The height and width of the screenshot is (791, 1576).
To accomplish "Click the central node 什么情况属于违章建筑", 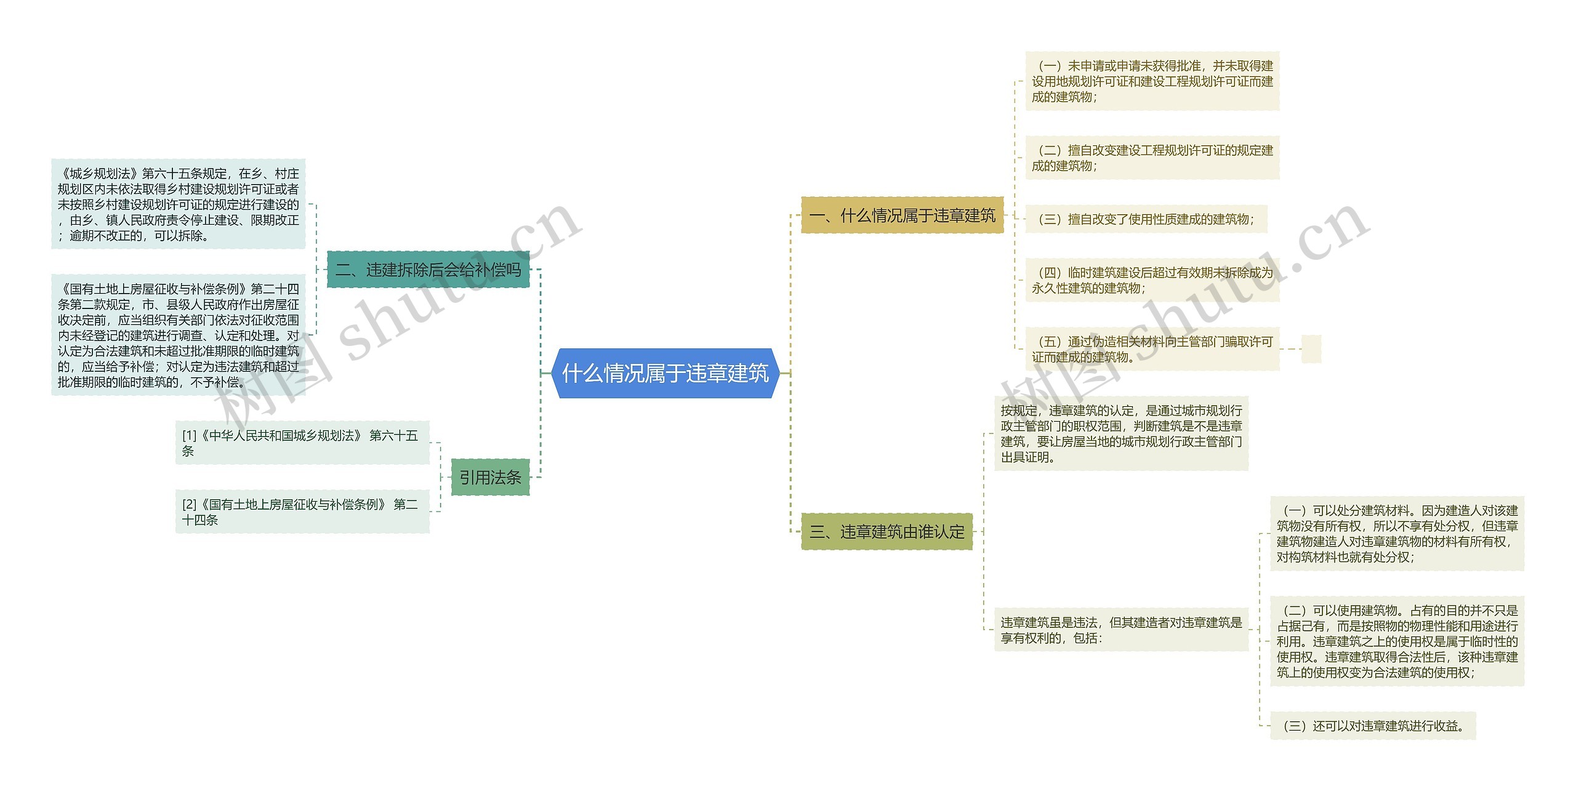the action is [665, 373].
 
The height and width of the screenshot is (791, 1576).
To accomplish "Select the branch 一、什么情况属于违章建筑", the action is [902, 215].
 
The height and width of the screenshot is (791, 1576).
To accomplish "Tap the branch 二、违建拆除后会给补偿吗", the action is [428, 270].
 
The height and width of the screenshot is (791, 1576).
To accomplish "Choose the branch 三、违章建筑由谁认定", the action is [886, 531].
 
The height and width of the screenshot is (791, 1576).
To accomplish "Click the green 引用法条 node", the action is [490, 477].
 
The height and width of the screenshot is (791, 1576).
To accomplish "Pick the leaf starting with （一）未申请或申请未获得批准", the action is [1152, 81].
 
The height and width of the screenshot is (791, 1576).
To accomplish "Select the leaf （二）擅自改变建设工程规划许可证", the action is [1152, 158].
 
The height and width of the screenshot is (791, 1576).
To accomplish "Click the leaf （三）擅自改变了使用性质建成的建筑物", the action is [1146, 219].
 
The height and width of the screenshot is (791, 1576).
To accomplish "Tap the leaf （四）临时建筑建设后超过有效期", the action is [1152, 280].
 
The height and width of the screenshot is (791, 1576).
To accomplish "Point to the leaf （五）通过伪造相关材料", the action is [1152, 349].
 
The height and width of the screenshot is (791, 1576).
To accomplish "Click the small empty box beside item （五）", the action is [1311, 349].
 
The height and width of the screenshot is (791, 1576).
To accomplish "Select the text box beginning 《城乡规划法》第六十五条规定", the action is [178, 204].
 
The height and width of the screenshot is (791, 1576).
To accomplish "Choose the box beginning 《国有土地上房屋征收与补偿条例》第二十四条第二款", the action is [178, 335].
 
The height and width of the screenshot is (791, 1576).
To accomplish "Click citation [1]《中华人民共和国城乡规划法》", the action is [302, 443].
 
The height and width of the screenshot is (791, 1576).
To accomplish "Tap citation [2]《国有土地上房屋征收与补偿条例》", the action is [302, 512].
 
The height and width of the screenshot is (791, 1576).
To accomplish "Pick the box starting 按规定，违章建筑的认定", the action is [1121, 433].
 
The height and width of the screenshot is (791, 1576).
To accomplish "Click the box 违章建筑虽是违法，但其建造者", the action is [1121, 630].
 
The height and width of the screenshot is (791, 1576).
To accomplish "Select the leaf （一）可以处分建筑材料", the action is [1397, 533].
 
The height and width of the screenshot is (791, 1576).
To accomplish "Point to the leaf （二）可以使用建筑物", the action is [1397, 641].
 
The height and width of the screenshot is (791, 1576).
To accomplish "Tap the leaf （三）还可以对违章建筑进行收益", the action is [1373, 726].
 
